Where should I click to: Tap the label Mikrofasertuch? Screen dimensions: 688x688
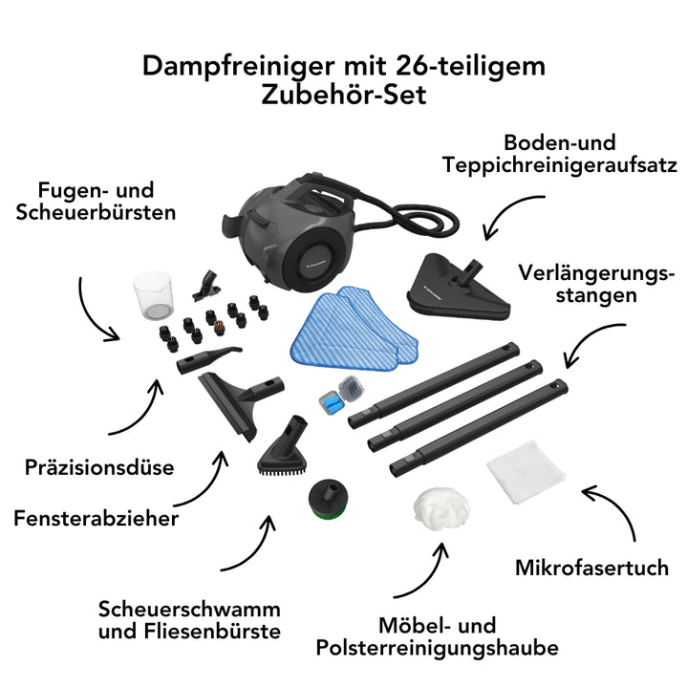(591, 569)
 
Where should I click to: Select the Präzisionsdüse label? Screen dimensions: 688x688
(99, 468)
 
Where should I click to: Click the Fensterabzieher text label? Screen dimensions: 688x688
(97, 519)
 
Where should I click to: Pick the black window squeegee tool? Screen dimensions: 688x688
(234, 401)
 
